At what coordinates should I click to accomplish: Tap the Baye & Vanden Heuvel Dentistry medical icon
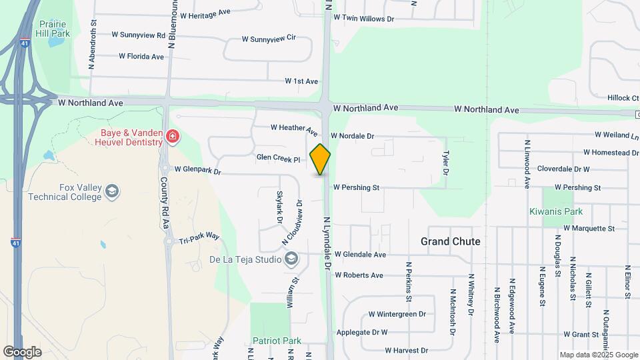coord(173,137)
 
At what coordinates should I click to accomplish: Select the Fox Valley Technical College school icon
coord(111,192)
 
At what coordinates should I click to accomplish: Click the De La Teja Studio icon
coord(291,259)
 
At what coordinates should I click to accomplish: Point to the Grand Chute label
coord(450,241)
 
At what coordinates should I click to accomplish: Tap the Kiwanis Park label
coord(556,211)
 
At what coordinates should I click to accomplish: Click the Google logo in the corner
coord(22,351)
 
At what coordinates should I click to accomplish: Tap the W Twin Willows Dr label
coord(363,19)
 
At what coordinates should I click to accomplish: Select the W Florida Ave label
coord(141,57)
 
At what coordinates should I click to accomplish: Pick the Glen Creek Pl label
coord(278,158)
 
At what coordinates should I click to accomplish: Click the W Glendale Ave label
coord(360,255)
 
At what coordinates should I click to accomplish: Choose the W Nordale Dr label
coord(352,136)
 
